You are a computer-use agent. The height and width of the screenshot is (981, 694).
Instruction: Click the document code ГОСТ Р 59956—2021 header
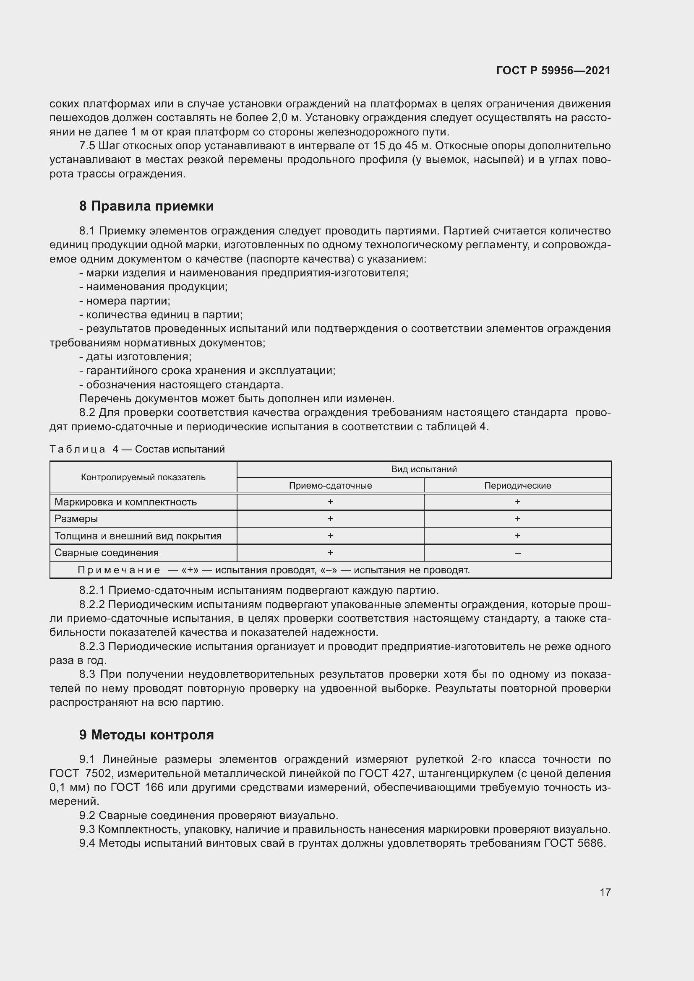(x=553, y=70)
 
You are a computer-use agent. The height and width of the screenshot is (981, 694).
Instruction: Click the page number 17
(x=605, y=892)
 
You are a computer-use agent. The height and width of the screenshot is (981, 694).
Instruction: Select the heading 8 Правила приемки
(x=146, y=206)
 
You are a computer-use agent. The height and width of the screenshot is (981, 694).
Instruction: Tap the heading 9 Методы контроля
(x=146, y=735)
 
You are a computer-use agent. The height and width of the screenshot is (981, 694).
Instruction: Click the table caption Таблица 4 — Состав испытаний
(x=137, y=449)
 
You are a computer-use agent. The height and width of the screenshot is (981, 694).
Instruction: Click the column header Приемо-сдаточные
(x=330, y=485)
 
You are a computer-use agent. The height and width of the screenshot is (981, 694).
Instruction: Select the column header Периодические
(x=517, y=485)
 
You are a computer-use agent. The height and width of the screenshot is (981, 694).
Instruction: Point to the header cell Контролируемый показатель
(x=143, y=477)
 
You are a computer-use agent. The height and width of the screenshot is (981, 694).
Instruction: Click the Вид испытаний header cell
(x=423, y=469)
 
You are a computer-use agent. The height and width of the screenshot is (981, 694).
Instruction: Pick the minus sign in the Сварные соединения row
(x=517, y=553)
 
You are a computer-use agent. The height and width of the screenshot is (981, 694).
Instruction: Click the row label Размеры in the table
(x=76, y=519)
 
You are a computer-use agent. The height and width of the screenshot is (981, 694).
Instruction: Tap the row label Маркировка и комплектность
(x=125, y=502)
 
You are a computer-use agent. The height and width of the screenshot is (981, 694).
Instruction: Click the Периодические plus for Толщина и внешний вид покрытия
(x=517, y=536)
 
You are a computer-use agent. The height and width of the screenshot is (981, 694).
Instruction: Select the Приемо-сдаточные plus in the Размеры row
(x=330, y=519)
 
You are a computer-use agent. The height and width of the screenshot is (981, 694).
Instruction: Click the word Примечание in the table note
(x=119, y=570)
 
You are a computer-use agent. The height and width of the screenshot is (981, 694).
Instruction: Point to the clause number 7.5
(x=87, y=146)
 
